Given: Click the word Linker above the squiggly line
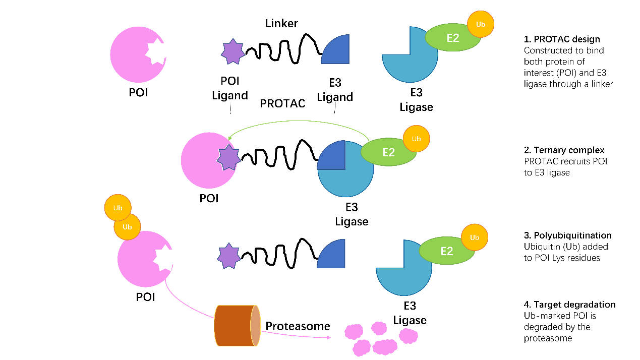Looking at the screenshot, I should (281, 24).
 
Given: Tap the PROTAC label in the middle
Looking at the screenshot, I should (282, 103).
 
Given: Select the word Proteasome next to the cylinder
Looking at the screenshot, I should (298, 326).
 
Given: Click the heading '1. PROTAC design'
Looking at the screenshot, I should (562, 39).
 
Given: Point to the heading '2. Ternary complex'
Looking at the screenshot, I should (564, 150).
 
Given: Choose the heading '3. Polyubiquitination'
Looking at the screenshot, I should (567, 235).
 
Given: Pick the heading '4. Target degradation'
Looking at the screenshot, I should (569, 305).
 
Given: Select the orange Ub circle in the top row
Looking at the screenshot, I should (480, 24).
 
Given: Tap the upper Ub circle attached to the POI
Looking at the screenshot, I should (117, 208).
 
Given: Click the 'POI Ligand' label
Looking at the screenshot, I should (229, 88).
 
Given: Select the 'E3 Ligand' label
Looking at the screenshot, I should (334, 89).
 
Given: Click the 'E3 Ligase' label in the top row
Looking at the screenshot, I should (416, 100).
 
